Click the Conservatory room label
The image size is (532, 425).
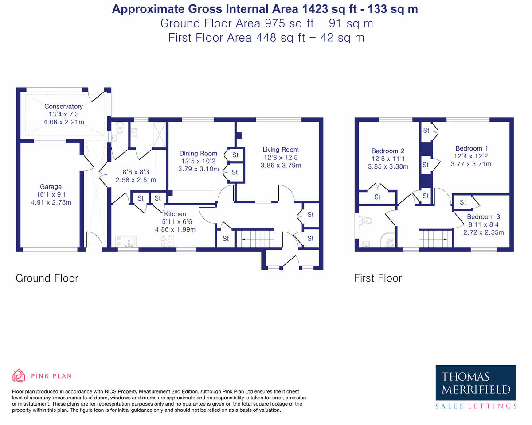point(63,106)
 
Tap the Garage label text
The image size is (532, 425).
point(51,187)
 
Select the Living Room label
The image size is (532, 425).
point(281,150)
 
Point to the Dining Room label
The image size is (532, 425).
point(198,153)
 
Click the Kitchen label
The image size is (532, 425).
point(175,214)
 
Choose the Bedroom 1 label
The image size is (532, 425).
point(472,148)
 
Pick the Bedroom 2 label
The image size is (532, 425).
point(388,151)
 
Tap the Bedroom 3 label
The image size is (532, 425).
point(483,217)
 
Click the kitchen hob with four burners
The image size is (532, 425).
point(166,241)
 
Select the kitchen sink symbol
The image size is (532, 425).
point(129,241)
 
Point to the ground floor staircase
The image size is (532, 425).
point(255,239)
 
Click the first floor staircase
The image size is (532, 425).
point(435,239)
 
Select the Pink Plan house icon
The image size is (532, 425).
point(19,375)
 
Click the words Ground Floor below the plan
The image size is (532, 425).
point(47,278)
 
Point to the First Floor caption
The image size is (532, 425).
point(378,278)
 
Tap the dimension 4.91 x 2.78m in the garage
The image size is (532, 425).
point(51,202)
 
